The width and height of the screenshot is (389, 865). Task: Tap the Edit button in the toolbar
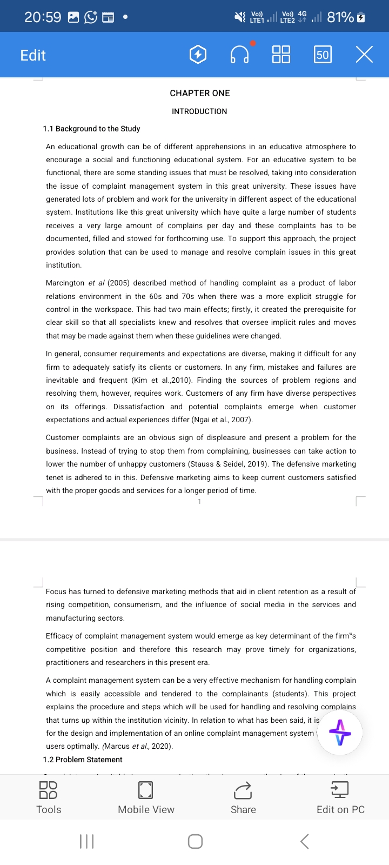(33, 55)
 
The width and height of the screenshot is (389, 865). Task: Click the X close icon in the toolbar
(364, 55)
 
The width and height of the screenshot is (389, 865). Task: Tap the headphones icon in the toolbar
(239, 55)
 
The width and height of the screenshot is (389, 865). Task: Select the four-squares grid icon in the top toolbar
(281, 55)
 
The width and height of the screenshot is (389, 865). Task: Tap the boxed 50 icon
(323, 55)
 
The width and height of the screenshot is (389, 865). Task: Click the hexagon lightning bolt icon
(198, 55)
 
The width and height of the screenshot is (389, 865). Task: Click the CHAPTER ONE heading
(200, 93)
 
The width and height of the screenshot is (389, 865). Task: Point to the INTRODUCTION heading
(199, 111)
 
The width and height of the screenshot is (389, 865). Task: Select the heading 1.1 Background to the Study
(91, 129)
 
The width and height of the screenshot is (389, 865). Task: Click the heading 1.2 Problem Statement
(83, 760)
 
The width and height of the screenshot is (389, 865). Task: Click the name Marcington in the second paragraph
(65, 283)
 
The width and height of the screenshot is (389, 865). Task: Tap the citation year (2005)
(119, 283)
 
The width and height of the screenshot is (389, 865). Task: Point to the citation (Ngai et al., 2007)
(222, 420)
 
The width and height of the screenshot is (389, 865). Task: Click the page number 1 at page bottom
(199, 502)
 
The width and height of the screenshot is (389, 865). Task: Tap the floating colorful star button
(340, 733)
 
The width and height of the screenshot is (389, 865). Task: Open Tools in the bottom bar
(49, 797)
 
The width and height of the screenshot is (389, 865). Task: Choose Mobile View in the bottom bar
(146, 797)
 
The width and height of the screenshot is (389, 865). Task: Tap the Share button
(243, 797)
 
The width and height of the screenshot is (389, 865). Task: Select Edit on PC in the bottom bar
(340, 797)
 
